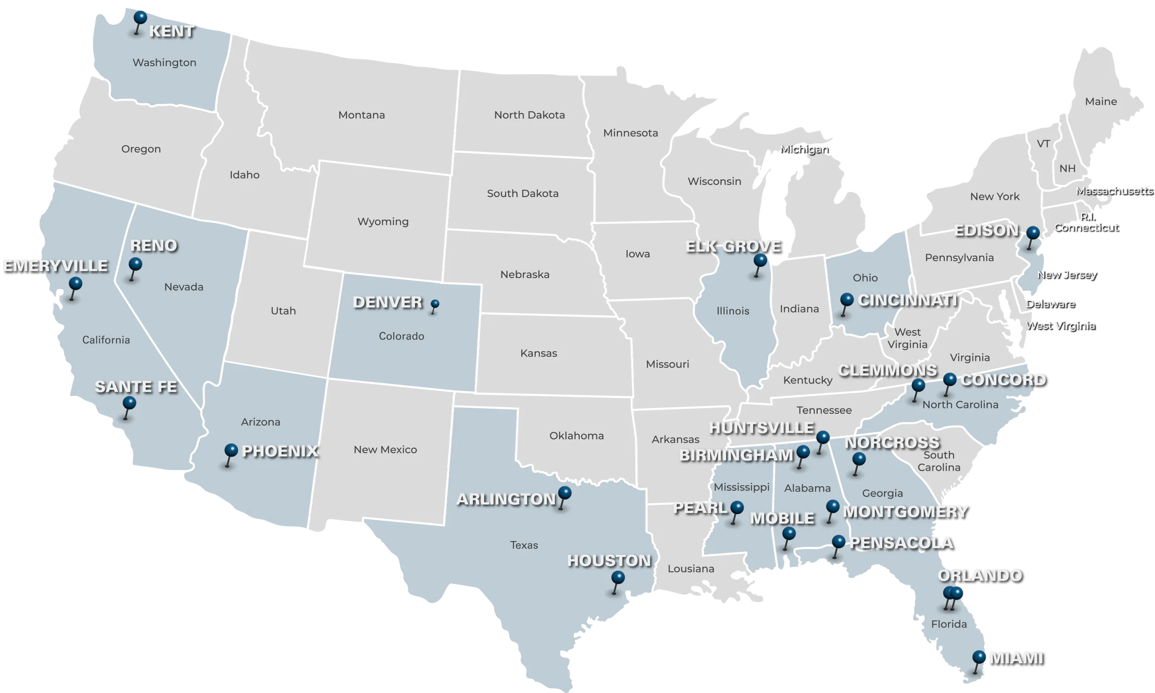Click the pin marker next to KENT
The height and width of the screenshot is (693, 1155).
140,18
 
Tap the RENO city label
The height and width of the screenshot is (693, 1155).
153,246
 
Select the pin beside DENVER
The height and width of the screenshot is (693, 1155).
435,305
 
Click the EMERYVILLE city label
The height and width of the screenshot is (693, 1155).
55,266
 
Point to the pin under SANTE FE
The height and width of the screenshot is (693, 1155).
129,403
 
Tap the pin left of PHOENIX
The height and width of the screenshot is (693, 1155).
231,451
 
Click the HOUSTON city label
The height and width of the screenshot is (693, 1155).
609,560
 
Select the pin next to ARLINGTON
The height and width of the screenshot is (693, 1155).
565,493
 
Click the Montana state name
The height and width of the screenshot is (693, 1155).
361,115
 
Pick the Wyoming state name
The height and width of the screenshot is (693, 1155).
383,221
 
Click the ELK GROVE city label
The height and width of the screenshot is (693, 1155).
732,246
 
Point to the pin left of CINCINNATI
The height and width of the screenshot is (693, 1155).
846,300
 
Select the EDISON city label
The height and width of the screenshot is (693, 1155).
986,230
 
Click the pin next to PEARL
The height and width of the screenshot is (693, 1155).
737,508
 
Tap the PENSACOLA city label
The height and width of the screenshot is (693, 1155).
901,543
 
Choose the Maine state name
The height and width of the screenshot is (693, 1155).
1100,101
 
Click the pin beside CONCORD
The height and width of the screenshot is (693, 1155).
949,380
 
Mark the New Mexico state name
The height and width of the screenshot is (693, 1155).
385,450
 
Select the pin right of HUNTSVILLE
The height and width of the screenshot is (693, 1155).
823,438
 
